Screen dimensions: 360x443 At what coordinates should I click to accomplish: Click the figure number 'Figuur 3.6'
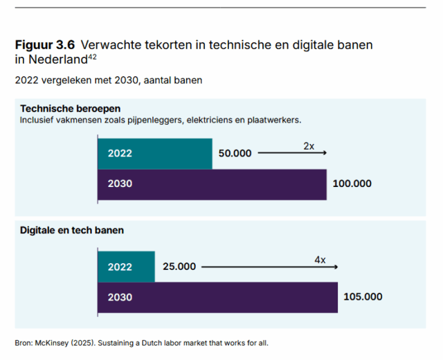tap(44, 45)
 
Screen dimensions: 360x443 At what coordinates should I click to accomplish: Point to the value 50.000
tap(235, 154)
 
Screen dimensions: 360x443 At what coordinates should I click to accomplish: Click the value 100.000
tap(352, 184)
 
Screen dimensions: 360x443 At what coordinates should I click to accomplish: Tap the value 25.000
tap(179, 267)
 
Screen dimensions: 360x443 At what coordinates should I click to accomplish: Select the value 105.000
tap(363, 297)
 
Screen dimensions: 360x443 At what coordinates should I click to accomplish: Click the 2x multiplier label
tap(309, 147)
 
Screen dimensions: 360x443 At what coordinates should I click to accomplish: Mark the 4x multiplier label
tap(320, 260)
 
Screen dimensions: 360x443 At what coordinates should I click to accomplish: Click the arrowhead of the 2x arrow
tap(325, 154)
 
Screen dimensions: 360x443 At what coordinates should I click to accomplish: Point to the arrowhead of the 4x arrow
tap(336, 267)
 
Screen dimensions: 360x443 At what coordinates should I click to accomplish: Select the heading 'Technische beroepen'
tap(71, 109)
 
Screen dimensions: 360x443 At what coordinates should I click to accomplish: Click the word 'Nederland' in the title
tap(53, 60)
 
